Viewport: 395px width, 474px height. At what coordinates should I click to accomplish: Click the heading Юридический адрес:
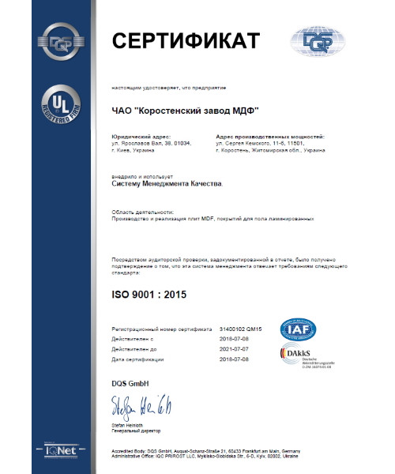(x=137, y=137)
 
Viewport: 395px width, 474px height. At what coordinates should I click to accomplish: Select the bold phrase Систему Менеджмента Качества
(x=167, y=185)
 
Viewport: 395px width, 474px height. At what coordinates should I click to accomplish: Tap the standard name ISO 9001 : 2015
(x=157, y=296)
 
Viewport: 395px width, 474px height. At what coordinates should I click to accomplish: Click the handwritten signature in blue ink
(x=142, y=409)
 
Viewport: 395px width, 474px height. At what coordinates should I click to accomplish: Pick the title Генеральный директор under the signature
(x=136, y=432)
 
